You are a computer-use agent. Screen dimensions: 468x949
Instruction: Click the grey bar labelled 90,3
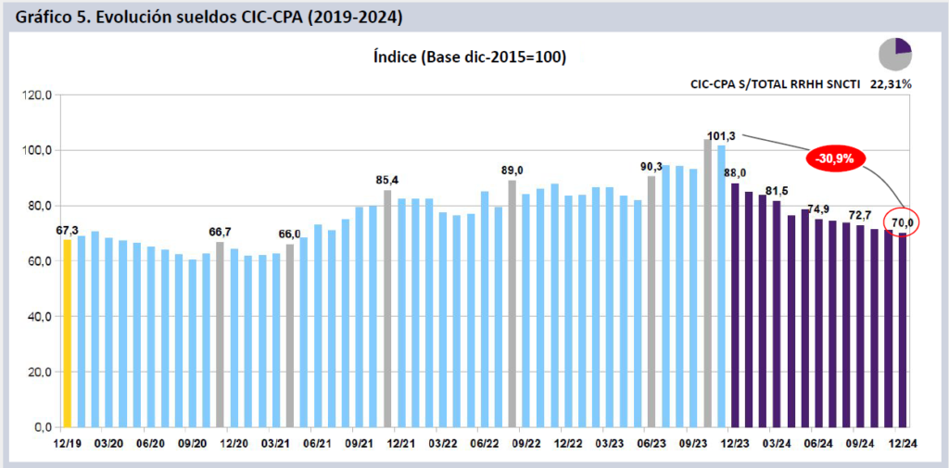652,301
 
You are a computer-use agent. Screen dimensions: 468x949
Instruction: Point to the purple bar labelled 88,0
735,305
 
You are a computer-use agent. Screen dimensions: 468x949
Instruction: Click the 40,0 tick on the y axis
39,317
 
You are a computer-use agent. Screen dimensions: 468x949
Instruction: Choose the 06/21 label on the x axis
317,443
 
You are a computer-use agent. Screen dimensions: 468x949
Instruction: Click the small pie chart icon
895,55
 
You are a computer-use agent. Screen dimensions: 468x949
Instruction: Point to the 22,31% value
891,83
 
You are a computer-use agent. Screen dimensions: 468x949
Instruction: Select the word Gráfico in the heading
44,17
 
